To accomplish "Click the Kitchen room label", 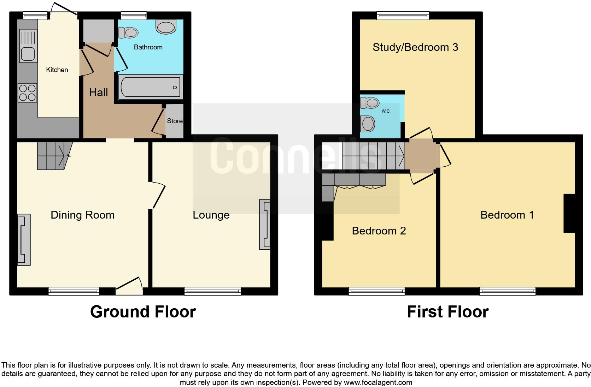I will click(x=57, y=70).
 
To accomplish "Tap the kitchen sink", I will click(x=28, y=47).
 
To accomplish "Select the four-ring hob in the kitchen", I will click(x=27, y=93).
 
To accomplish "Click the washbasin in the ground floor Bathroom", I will click(x=166, y=27).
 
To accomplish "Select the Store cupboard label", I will click(x=175, y=121).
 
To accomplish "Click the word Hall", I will click(x=98, y=93).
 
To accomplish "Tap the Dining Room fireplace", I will click(x=24, y=239).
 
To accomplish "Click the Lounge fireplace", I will click(x=265, y=225).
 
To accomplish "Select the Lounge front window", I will click(x=212, y=291).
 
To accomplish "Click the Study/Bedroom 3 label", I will click(x=415, y=47).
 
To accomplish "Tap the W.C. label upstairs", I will click(x=386, y=111).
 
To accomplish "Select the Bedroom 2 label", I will click(x=379, y=231).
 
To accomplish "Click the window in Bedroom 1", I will click(x=507, y=291).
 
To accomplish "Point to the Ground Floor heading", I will click(x=143, y=312).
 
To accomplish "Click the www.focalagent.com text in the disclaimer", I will click(x=378, y=382).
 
